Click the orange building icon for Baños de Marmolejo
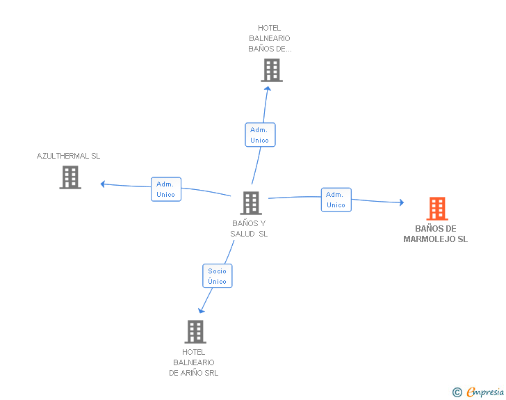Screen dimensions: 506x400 tap(437, 209)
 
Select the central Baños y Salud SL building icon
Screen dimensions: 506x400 tap(251, 203)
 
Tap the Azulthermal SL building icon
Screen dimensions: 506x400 tap(70, 177)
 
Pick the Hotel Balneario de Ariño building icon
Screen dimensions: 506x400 tap(195, 332)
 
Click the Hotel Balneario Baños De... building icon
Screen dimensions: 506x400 tap(272, 70)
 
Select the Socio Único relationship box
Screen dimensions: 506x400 tap(217, 276)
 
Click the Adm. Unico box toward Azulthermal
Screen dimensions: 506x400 tap(166, 189)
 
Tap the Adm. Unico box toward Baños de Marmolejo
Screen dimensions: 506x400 tap(336, 200)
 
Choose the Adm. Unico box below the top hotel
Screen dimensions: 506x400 tap(260, 135)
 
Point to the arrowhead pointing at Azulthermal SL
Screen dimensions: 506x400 tap(103, 184)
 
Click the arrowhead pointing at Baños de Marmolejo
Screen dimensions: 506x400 tap(402, 202)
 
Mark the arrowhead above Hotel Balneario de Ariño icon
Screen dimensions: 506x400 tap(201, 311)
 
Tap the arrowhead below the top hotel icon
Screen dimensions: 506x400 tap(268, 88)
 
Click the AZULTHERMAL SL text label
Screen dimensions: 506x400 tap(68, 156)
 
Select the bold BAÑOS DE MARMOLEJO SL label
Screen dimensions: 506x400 tap(435, 234)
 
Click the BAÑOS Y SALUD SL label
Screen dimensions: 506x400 tap(249, 228)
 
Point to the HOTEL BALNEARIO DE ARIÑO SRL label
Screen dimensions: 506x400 tap(194, 362)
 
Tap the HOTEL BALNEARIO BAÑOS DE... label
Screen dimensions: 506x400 tap(270, 38)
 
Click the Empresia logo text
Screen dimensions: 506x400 tap(485, 392)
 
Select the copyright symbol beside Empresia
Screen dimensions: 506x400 tap(457, 392)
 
